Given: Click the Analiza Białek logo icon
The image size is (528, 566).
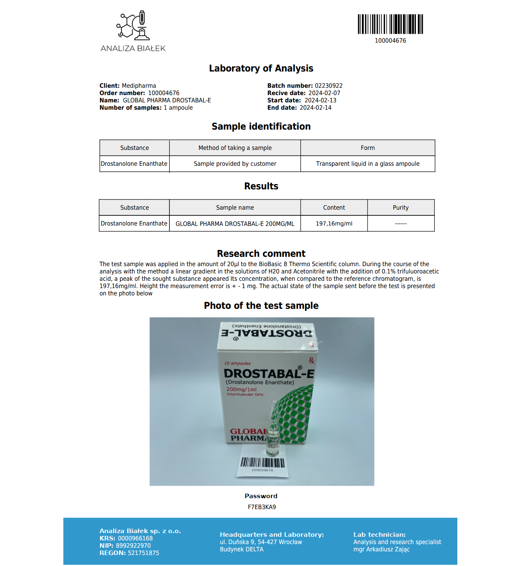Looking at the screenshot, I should (x=133, y=26).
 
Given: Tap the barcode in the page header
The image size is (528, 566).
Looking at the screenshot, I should (x=390, y=24).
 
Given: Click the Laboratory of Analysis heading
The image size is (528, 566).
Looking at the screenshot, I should (x=261, y=68).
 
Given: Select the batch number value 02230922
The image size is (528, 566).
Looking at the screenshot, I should (x=329, y=86).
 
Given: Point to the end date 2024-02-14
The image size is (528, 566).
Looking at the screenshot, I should (x=316, y=108).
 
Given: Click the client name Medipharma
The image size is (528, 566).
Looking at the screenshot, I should (x=139, y=86).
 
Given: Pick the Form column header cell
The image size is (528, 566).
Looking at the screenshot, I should (x=368, y=148).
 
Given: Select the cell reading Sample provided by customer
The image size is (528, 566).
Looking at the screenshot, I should (x=235, y=164).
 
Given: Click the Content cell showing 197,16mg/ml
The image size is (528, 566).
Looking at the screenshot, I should (x=334, y=223).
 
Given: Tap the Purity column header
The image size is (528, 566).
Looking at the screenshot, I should (x=400, y=208).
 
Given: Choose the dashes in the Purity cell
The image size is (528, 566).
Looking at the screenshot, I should (x=400, y=223).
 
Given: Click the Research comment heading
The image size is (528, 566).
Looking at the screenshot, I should (x=261, y=254).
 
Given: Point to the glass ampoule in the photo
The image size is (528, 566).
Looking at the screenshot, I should (x=273, y=431).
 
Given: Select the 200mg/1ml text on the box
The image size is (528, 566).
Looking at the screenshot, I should (x=241, y=389).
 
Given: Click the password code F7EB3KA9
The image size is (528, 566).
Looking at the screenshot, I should (x=262, y=507).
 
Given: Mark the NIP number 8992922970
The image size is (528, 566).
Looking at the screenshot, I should (x=133, y=546).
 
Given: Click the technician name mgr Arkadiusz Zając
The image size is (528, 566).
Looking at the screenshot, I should (x=381, y=549).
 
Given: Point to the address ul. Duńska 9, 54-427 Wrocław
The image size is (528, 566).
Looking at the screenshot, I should (x=261, y=542).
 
